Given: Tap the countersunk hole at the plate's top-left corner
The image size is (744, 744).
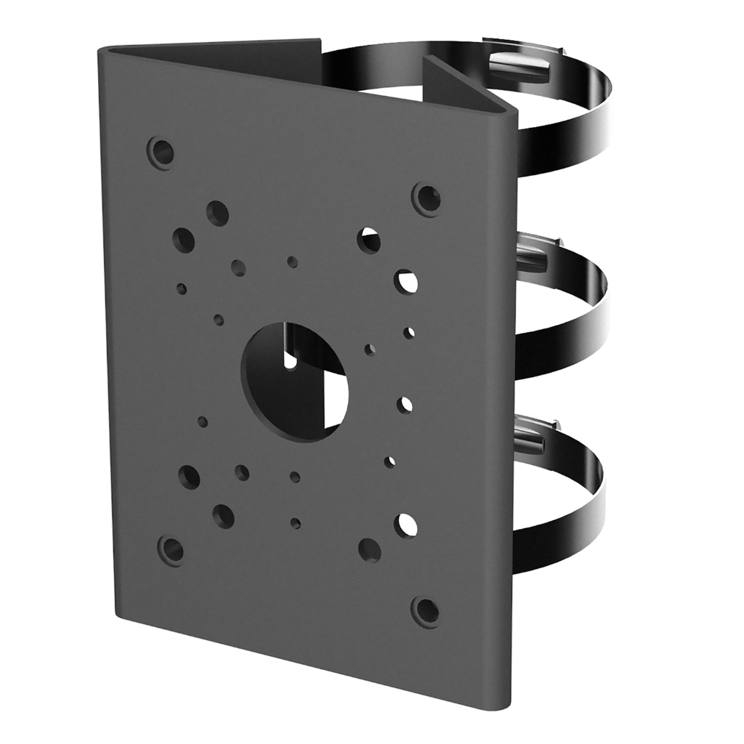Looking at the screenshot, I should click(161, 152).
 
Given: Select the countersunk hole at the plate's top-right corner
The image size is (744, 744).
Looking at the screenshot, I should click(426, 198).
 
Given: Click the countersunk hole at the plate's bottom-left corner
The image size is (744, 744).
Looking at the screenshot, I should click(172, 549).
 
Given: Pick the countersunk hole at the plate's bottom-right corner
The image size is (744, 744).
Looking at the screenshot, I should click(426, 611).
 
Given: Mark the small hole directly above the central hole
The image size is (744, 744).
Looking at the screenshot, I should click(292, 262).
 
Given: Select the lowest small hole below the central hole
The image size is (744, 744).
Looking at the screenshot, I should click(295, 522).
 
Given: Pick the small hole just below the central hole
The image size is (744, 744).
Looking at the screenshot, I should click(294, 477).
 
